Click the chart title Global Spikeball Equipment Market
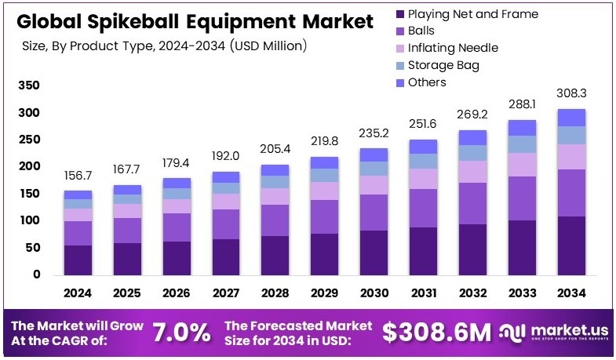195,22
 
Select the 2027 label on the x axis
226,293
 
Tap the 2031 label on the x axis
424,293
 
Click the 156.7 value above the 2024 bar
78,176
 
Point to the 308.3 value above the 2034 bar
571,93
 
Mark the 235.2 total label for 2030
374,133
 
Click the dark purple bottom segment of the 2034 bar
571,245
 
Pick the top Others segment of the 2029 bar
325,162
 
